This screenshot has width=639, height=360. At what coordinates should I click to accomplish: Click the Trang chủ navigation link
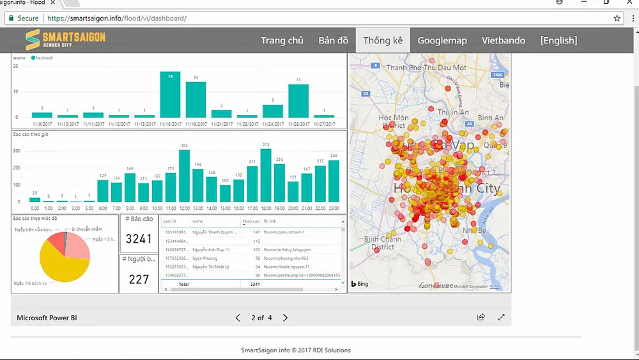pyautogui.click(x=282, y=40)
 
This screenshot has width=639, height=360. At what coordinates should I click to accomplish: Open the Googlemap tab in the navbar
pyautogui.click(x=442, y=40)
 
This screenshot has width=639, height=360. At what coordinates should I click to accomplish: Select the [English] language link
pyautogui.click(x=558, y=40)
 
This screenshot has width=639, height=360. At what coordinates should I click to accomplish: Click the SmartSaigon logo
pyautogui.click(x=65, y=40)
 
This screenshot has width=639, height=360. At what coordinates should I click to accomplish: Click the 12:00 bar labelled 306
pyautogui.click(x=184, y=176)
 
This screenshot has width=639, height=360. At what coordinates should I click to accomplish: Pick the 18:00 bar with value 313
pyautogui.click(x=266, y=176)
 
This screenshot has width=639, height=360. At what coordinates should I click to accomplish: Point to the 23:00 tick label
pyautogui.click(x=334, y=208)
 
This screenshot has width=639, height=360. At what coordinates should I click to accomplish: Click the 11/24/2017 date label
pyautogui.click(x=273, y=123)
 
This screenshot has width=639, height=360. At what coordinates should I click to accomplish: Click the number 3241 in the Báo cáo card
pyautogui.click(x=138, y=239)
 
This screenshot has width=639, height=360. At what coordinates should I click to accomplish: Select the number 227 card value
pyautogui.click(x=138, y=279)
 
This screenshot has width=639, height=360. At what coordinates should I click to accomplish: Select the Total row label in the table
pyautogui.click(x=184, y=283)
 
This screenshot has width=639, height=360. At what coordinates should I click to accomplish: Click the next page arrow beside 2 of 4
pyautogui.click(x=286, y=318)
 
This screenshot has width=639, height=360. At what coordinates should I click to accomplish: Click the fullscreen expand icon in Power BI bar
pyautogui.click(x=502, y=317)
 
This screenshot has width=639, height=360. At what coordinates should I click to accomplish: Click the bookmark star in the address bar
pyautogui.click(x=617, y=19)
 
